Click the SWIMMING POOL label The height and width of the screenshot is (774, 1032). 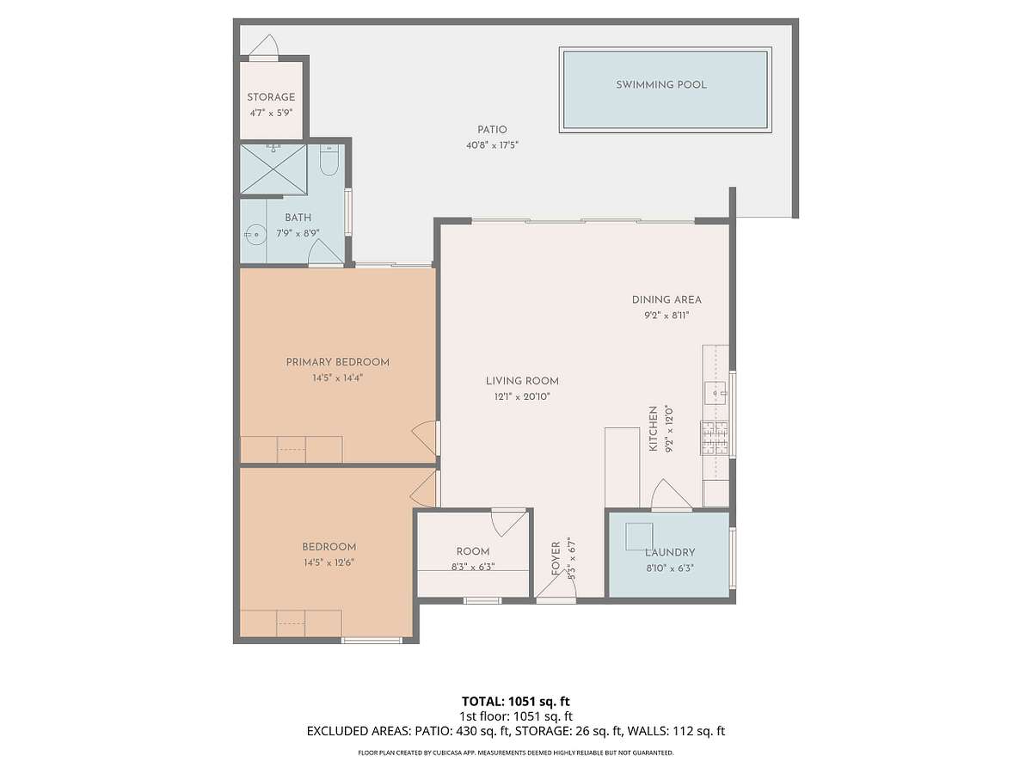(x=660, y=84)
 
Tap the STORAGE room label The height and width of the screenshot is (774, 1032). (x=271, y=97)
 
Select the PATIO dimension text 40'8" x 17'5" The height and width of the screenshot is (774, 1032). (x=492, y=145)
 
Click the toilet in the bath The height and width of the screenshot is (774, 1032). (x=329, y=160)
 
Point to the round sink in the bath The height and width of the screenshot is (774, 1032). (x=255, y=234)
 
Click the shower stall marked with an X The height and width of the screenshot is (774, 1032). (x=273, y=169)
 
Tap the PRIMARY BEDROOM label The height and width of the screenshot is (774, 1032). (x=338, y=362)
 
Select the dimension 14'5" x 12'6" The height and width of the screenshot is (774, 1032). (x=329, y=562)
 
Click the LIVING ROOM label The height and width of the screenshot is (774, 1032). (x=522, y=381)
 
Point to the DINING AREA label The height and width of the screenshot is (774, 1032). (x=666, y=299)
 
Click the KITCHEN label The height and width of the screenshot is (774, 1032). (x=653, y=428)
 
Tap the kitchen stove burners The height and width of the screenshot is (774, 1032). (x=715, y=438)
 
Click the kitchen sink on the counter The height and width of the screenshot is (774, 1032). (x=716, y=393)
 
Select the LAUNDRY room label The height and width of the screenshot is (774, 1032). (x=669, y=552)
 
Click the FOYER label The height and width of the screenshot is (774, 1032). (x=556, y=558)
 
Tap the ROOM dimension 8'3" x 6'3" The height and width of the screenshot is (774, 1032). (x=473, y=567)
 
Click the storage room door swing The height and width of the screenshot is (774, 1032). (x=264, y=45)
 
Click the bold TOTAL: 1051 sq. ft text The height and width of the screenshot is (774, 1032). (x=516, y=701)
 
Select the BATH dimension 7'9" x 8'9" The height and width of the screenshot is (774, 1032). (x=298, y=233)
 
